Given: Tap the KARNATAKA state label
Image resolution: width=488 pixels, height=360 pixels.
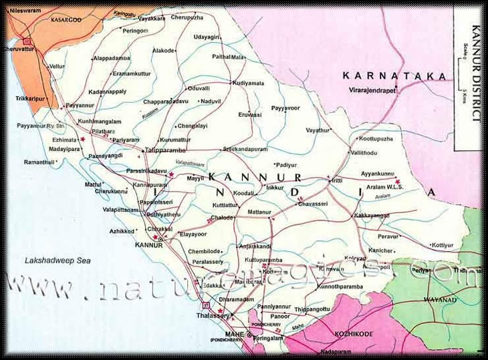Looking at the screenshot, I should point(394,76).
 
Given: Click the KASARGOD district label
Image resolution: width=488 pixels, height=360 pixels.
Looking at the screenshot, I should point(66,21).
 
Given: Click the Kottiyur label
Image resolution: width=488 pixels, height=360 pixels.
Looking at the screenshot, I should point(443,245).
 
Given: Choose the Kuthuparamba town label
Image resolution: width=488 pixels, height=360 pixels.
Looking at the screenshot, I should point(263,260).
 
